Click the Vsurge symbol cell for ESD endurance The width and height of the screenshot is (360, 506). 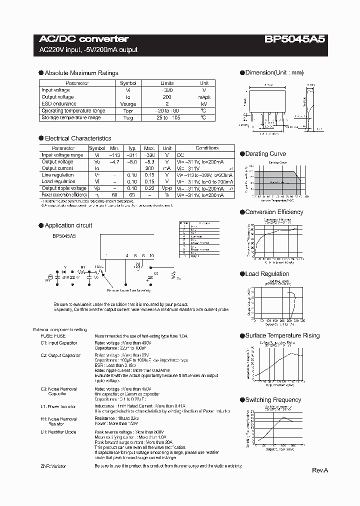(x=128, y=104)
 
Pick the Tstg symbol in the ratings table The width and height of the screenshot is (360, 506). (x=128, y=117)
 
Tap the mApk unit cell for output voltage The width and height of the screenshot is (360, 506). (x=204, y=97)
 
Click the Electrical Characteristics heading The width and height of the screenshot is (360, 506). (x=77, y=138)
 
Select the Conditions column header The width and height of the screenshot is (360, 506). (x=207, y=148)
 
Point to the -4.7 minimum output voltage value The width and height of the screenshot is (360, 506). (x=114, y=162)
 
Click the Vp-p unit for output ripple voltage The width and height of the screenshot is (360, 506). (x=167, y=188)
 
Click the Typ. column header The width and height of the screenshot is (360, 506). (x=132, y=148)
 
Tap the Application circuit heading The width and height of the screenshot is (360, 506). (x=68, y=225)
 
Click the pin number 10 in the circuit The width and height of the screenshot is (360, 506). (x=151, y=255)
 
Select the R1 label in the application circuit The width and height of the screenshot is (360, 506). (x=83, y=267)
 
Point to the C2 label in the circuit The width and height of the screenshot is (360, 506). (x=155, y=273)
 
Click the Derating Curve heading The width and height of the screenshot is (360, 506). (x=265, y=154)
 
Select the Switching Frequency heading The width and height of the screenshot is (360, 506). (x=272, y=400)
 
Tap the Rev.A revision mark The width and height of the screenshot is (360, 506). (x=320, y=470)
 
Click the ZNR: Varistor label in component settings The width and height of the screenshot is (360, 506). (x=53, y=466)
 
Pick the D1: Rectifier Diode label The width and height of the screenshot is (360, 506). (x=59, y=431)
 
